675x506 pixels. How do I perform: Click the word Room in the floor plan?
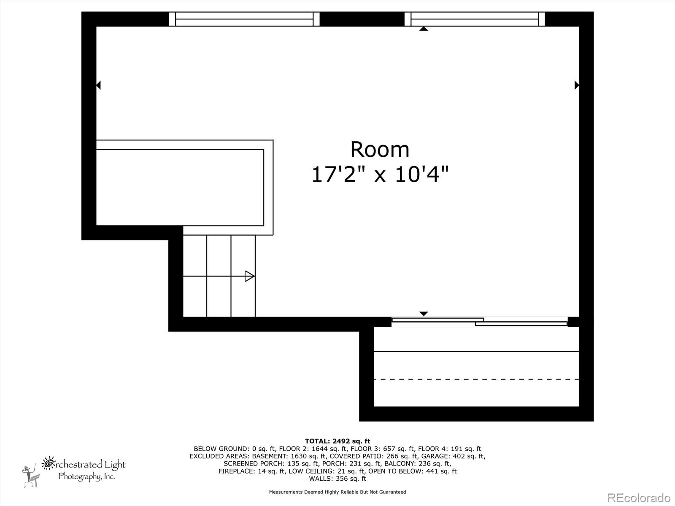[380, 150]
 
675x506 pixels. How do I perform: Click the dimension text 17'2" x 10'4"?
[380, 174]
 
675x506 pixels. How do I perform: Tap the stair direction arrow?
[250, 276]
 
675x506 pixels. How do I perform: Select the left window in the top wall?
[244, 19]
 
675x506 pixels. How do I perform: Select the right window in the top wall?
[475, 19]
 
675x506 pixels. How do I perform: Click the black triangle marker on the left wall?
[98, 85]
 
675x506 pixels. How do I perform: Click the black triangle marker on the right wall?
[577, 85]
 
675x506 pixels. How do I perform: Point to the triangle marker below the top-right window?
[424, 29]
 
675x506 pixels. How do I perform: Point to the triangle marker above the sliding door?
[424, 314]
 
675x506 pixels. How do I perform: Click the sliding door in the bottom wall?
[480, 322]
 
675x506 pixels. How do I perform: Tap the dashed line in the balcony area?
[476, 379]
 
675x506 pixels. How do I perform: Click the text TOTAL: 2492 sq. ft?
[337, 441]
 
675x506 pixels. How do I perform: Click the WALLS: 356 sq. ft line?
[337, 479]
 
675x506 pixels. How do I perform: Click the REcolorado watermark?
[639, 498]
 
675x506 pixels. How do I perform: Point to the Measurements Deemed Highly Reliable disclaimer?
[337, 492]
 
